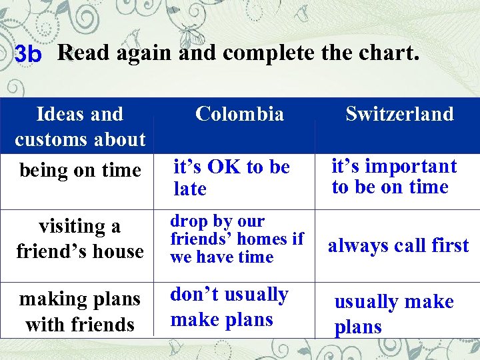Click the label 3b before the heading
(x=27, y=54)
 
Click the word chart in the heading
(x=393, y=52)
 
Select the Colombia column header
(x=239, y=114)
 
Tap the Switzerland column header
(x=399, y=114)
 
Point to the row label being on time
(x=80, y=171)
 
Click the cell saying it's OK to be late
(x=231, y=177)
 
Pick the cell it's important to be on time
(x=393, y=176)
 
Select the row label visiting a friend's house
(x=80, y=239)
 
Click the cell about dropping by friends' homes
(x=236, y=239)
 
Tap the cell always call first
(x=398, y=245)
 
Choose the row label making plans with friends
(x=80, y=311)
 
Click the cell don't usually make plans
(x=229, y=307)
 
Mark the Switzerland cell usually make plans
(x=393, y=313)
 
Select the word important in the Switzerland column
(x=411, y=166)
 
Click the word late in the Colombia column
(x=190, y=189)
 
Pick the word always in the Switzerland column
(x=356, y=245)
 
